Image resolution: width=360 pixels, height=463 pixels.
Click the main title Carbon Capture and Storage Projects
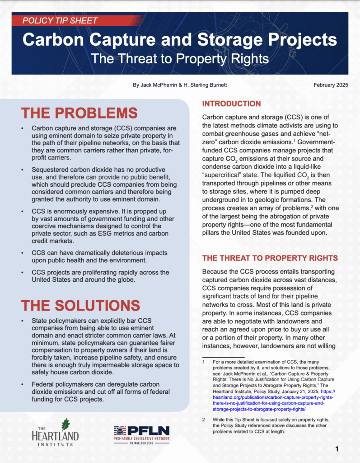click(180, 39)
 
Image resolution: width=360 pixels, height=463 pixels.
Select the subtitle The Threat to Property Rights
click(180, 59)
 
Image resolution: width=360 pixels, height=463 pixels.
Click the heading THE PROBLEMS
click(79, 113)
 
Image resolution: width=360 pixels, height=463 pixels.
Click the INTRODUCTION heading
click(231, 104)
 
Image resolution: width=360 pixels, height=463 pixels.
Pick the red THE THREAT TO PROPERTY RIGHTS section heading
click(270, 258)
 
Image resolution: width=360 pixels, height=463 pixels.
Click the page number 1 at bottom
click(337, 449)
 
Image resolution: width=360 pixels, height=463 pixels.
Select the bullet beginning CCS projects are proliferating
click(100, 276)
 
